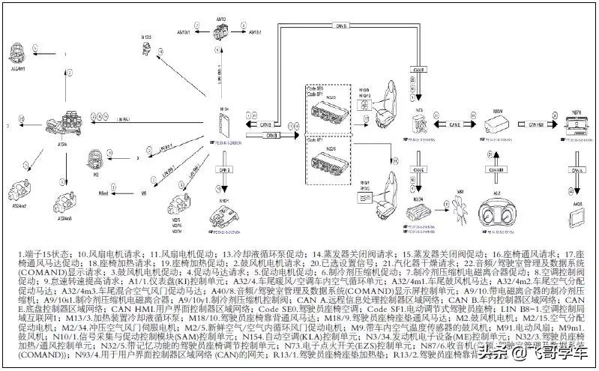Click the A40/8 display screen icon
coord(577,215)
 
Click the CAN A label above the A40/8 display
coord(576,172)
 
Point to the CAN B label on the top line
coord(341,25)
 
